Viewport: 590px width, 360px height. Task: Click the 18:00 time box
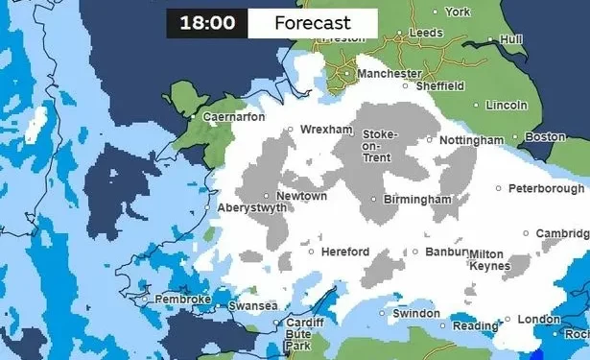pos(207,23)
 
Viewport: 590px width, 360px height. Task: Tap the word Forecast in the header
pos(312,23)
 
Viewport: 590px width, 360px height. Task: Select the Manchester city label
pos(389,74)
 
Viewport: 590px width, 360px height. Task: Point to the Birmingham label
pos(416,200)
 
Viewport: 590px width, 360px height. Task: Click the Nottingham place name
pos(470,141)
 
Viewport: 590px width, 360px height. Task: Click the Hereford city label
pos(345,252)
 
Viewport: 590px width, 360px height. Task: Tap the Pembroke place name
pos(182,300)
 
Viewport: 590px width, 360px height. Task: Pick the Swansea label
pos(252,307)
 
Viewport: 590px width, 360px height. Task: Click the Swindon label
pos(417,314)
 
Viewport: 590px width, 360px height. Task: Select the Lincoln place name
pos(507,105)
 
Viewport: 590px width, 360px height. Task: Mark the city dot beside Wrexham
pos(291,129)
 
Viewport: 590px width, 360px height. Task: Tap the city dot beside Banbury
pos(415,252)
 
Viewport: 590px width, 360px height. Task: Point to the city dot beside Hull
pos(490,39)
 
